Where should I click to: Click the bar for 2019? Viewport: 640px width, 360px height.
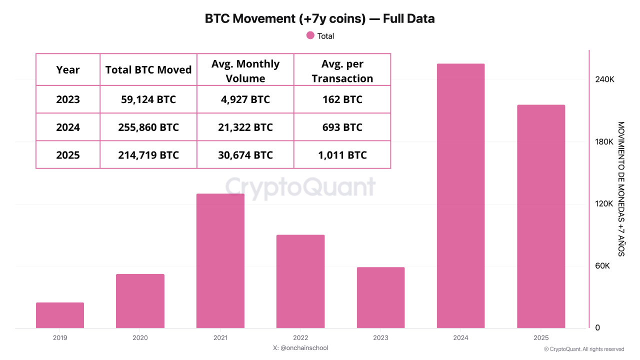[60, 315]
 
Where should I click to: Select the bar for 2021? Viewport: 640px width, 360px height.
[220, 261]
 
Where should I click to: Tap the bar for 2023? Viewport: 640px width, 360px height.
[380, 297]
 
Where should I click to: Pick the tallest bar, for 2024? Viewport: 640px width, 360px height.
[460, 195]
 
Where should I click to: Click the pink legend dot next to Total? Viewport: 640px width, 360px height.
[310, 35]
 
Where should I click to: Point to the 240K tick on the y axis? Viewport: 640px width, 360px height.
[604, 79]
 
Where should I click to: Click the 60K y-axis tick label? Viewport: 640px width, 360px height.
[602, 266]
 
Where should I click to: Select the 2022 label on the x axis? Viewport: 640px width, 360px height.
[300, 337]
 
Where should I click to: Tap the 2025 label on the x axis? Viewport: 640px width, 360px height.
[541, 337]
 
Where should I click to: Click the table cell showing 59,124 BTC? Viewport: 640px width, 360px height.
[148, 99]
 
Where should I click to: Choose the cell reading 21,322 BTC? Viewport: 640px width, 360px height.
[245, 127]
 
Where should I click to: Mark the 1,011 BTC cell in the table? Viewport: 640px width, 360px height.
[342, 155]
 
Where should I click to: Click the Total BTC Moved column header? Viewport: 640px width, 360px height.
[148, 69]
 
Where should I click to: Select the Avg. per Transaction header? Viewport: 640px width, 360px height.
[342, 71]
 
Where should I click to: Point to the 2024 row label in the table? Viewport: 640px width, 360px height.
[67, 127]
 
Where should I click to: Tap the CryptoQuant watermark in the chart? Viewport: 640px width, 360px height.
[300, 187]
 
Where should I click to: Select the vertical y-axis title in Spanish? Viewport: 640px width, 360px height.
[621, 189]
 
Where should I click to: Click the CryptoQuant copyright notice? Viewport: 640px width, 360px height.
[584, 349]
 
